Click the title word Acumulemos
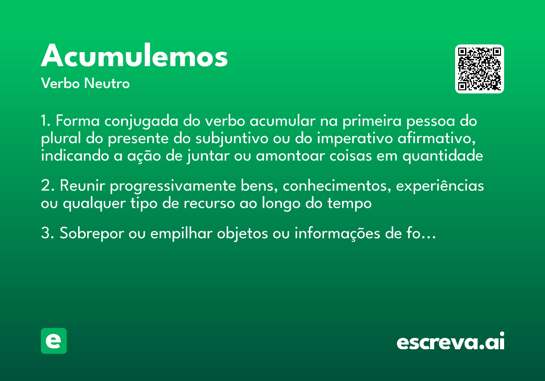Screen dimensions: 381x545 (x=134, y=56)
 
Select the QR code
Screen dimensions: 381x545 (x=480, y=69)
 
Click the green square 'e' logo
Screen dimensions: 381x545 (x=54, y=341)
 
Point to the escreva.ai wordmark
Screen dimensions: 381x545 (x=451, y=342)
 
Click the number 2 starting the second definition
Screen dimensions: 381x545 (x=45, y=186)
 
